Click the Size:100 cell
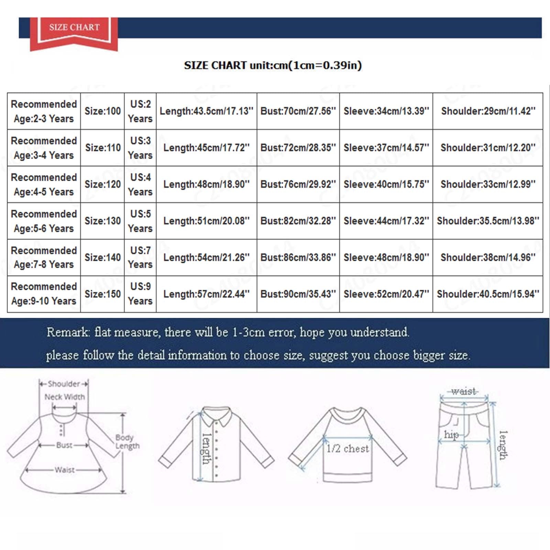click(102, 111)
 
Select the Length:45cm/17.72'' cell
click(206, 148)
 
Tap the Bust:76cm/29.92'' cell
click(298, 184)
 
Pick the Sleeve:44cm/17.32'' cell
click(386, 221)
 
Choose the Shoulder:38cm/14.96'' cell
click(488, 257)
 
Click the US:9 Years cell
click(140, 294)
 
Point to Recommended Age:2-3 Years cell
click(44, 111)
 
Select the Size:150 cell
click(102, 294)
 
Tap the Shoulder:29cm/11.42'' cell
click(488, 111)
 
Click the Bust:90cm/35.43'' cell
click(298, 294)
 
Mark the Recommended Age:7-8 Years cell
click(44, 257)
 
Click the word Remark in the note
click(68, 332)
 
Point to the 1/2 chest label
click(348, 449)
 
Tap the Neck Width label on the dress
click(65, 397)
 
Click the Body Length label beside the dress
click(127, 442)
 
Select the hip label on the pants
click(451, 435)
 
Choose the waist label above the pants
click(464, 391)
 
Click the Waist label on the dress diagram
click(65, 470)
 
